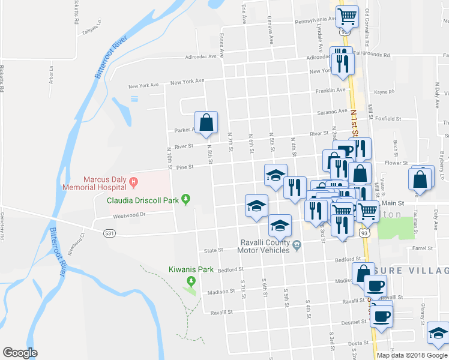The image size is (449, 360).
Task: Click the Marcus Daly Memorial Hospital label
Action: point(96,184)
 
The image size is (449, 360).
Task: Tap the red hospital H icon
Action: point(134,181)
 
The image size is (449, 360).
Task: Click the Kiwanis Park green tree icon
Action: point(191,281)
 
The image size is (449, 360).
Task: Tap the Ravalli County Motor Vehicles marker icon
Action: point(296,245)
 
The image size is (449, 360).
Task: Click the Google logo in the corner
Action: point(20,353)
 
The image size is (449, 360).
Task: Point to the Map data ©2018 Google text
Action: point(412,355)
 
